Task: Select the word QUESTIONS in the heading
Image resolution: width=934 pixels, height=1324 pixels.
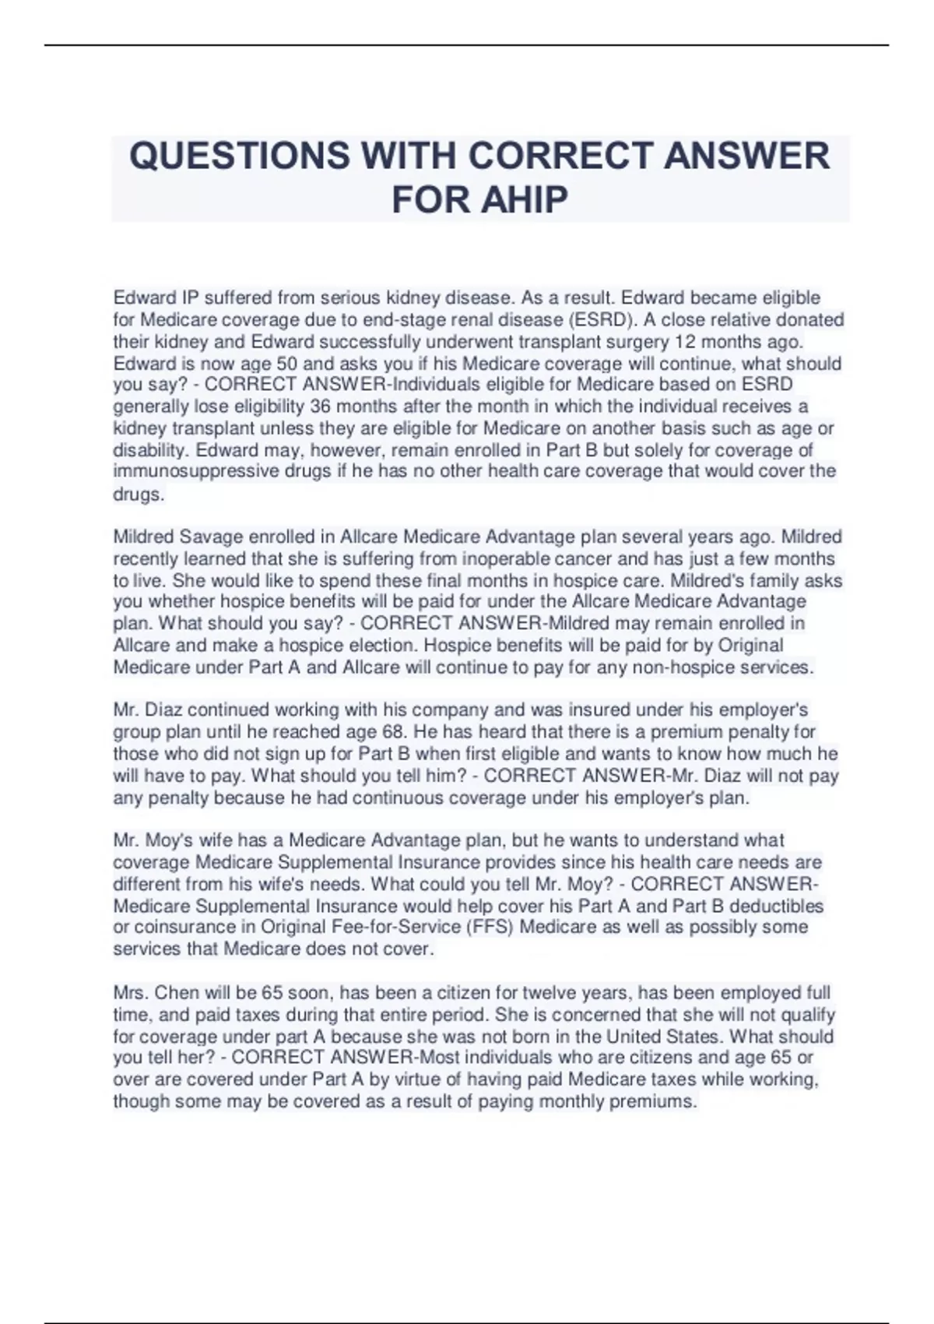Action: (239, 156)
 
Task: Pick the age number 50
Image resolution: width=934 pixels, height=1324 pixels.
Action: (277, 364)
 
